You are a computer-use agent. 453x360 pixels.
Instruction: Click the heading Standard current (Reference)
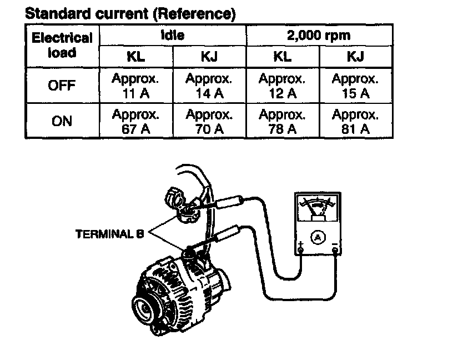130,14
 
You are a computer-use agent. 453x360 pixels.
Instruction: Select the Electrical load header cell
62,45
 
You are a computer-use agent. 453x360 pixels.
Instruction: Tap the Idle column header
172,35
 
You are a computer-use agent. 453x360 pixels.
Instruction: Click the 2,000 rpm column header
319,35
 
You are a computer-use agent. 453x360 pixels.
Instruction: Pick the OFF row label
62,86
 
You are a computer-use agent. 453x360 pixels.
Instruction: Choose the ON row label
62,121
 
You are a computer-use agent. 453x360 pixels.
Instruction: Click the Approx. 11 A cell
135,86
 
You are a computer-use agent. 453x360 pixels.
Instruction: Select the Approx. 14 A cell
209,86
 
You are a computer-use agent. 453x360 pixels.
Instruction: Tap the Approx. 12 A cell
282,86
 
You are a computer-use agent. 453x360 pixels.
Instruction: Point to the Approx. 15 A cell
355,86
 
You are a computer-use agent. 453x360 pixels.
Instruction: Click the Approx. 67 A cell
135,122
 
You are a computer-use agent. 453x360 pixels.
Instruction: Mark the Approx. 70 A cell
209,122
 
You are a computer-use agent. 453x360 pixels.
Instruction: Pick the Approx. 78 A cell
282,122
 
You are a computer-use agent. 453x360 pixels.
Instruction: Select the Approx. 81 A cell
355,122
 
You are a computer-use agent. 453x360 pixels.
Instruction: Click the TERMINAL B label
109,234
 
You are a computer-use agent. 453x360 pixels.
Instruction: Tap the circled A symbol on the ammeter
318,237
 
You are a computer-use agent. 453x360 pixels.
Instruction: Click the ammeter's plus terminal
300,251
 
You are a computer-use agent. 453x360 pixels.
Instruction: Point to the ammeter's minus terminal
335,251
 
